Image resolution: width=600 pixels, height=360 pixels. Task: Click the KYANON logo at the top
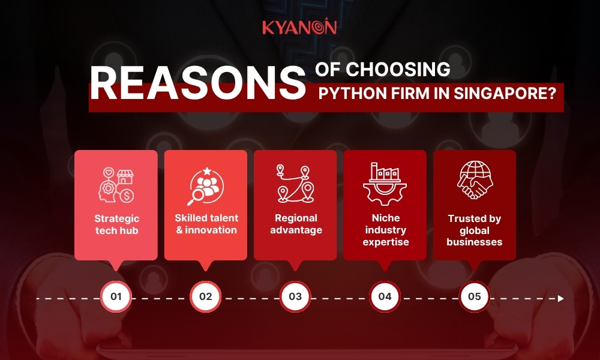(299, 27)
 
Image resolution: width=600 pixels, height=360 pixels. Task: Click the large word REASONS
(197, 83)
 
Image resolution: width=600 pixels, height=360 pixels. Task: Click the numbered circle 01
(116, 297)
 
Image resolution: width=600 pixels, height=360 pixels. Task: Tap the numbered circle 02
(206, 297)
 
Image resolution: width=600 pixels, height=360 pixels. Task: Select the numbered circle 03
(295, 297)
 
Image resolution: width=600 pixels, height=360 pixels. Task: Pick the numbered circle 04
(385, 297)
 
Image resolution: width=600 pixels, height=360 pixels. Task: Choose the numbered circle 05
(474, 297)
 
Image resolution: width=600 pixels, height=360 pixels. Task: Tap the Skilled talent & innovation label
(206, 224)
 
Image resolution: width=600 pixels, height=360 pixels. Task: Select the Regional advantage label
(295, 224)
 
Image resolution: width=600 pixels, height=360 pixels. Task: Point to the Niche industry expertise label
(385, 230)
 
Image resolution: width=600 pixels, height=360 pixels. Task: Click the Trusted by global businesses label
(475, 230)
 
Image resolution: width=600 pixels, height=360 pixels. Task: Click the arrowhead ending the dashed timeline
(560, 298)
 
